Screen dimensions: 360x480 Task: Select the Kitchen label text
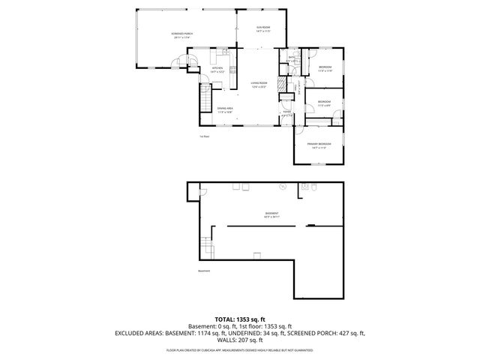(x=217, y=70)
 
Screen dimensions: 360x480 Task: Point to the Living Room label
(x=259, y=85)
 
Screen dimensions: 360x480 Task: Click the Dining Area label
(x=225, y=110)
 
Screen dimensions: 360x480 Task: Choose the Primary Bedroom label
(x=319, y=145)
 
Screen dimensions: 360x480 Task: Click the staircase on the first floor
(x=205, y=97)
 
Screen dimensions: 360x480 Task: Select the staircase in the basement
(x=207, y=245)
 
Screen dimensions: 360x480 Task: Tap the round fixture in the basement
(x=282, y=185)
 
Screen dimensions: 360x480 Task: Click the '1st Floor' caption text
(x=204, y=136)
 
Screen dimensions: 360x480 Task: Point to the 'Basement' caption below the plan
(x=204, y=271)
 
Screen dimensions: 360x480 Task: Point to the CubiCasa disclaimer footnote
(x=240, y=350)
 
